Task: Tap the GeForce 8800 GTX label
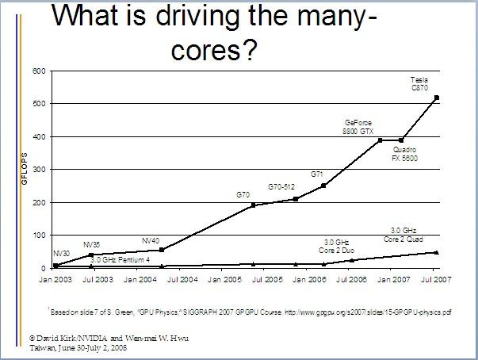[358, 127]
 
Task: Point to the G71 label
[317, 173]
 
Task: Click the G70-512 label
[281, 186]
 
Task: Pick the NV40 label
[151, 239]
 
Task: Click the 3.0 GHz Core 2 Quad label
[416, 233]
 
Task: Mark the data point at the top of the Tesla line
[437, 98]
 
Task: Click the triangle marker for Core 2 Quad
[437, 252]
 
